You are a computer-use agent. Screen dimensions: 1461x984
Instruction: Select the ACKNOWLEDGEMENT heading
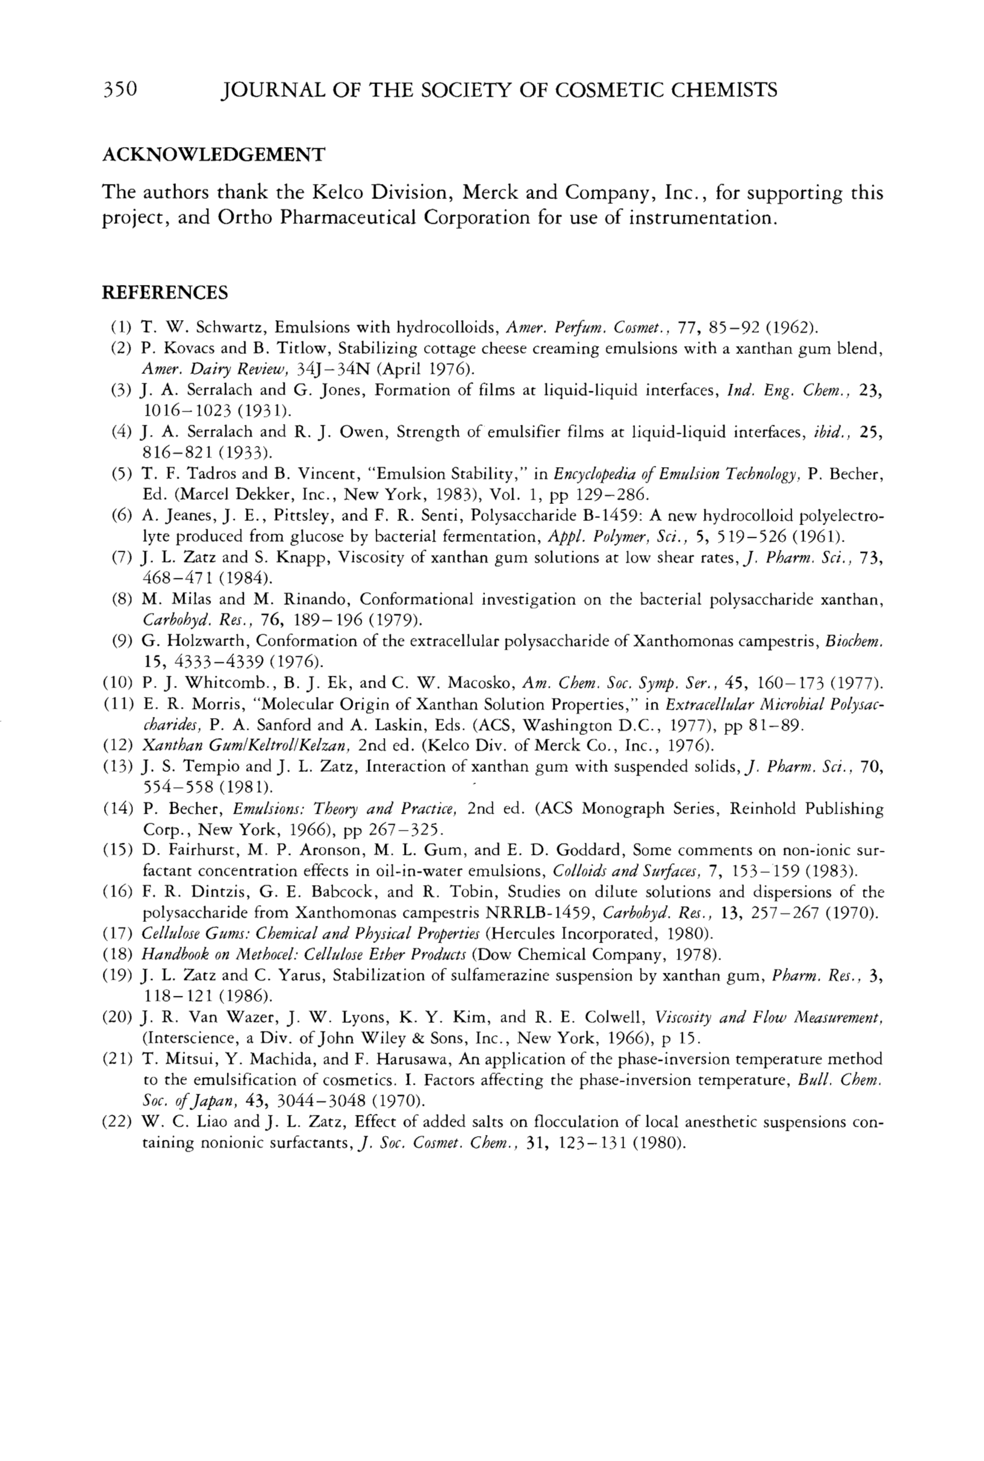pos(213,154)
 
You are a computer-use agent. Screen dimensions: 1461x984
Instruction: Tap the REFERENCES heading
pos(165,293)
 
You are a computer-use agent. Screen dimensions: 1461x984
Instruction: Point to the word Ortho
pos(246,218)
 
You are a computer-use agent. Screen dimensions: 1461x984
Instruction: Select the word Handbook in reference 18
pos(169,955)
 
